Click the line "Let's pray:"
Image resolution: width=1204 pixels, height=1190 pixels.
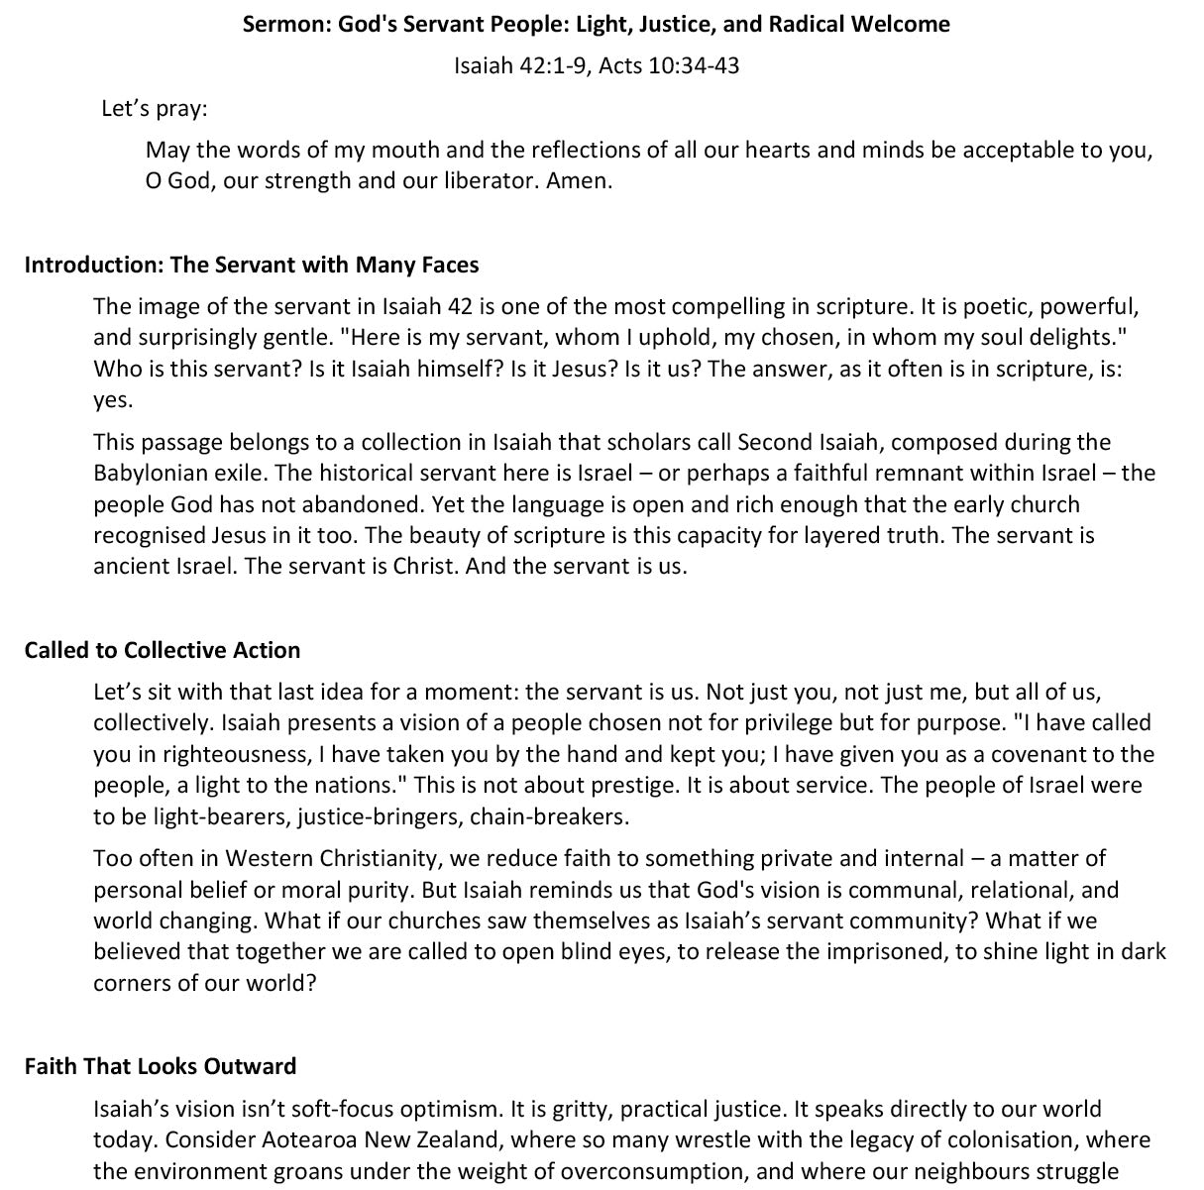click(x=154, y=108)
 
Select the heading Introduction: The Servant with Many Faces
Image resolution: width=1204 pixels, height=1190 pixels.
click(x=252, y=265)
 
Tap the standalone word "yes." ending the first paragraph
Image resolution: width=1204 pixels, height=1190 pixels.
click(x=112, y=399)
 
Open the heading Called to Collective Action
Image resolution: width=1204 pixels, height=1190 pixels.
click(x=163, y=650)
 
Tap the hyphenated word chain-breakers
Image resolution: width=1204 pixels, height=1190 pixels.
click(x=563, y=817)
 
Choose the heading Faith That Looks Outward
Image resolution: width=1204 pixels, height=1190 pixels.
click(x=161, y=1066)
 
